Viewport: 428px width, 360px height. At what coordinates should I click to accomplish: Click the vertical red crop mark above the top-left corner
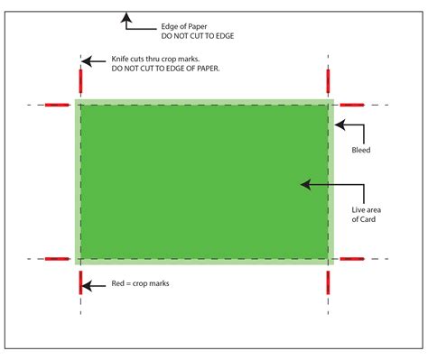pos(80,81)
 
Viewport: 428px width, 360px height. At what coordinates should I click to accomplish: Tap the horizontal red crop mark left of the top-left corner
pos(58,105)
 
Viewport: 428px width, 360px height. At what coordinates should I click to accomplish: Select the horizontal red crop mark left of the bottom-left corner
pos(58,259)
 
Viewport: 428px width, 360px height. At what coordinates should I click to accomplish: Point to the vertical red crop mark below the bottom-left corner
pos(80,282)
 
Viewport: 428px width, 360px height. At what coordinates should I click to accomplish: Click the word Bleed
pos(361,151)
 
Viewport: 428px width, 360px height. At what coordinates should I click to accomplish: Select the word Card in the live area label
pos(366,220)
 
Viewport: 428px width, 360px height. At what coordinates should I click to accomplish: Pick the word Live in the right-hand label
pos(360,210)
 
